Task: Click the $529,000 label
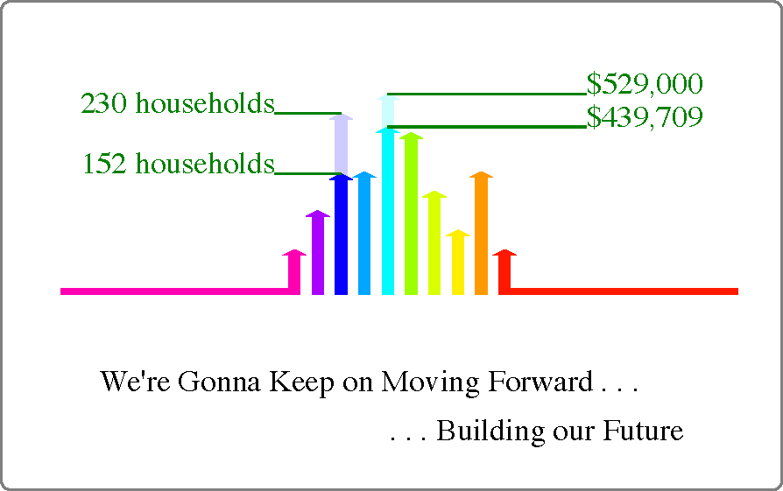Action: coord(645,84)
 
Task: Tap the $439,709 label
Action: coord(645,116)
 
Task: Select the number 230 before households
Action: coord(103,103)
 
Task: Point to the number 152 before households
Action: coord(104,164)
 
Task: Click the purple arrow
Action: coord(318,252)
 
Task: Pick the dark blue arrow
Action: coord(341,234)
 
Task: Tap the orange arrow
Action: coord(482,233)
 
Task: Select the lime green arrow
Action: coord(411,214)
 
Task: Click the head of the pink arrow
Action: coord(294,252)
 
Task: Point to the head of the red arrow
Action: coord(504,252)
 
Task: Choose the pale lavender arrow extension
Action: coord(341,144)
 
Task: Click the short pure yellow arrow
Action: coord(458,262)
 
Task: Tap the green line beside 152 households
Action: coord(308,173)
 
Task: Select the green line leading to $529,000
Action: coord(487,94)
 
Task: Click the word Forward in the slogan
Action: coord(540,382)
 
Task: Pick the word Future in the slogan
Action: coord(643,430)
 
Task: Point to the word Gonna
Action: coord(219,382)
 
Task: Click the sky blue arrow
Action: coord(364,233)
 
